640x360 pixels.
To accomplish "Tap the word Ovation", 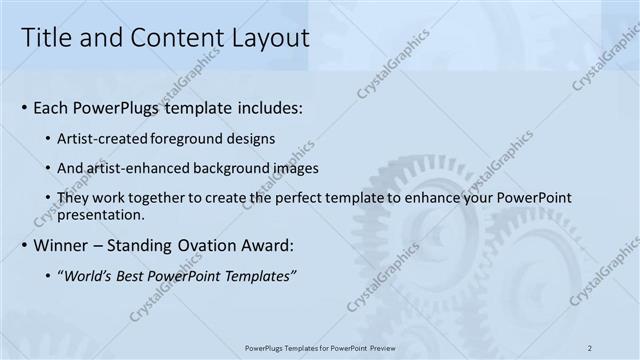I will pyautogui.click(x=205, y=245).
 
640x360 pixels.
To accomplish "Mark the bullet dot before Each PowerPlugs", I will pyautogui.click(x=24, y=108).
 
